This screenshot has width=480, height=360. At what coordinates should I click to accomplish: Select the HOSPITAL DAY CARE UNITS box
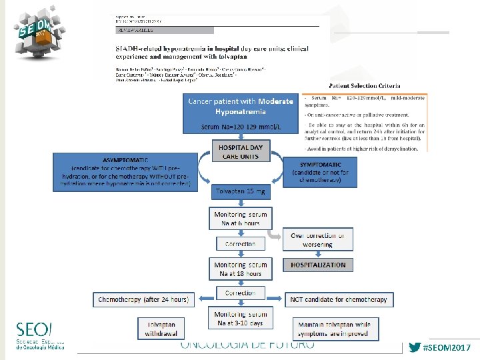tap(240, 151)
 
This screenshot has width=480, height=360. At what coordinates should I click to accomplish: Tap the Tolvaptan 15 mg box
tap(240, 191)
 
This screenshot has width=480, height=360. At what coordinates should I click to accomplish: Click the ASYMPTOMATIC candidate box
tap(127, 173)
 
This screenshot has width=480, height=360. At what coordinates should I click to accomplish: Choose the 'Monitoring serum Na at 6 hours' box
tap(240, 219)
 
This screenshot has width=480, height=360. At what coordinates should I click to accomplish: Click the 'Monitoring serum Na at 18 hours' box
tap(240, 269)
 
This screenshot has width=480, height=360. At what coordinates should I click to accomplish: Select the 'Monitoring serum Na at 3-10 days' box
tap(240, 318)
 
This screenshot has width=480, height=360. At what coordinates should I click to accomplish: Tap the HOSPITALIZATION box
tap(318, 265)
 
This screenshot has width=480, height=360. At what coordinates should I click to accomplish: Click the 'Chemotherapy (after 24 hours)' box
tap(143, 299)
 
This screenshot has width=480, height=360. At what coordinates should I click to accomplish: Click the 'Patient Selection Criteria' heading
tap(365, 86)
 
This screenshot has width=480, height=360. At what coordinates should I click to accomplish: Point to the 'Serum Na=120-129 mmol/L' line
tap(240, 127)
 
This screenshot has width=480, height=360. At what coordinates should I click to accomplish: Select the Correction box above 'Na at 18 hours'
tap(240, 244)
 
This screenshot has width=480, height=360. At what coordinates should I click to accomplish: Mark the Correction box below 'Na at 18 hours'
tap(240, 293)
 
